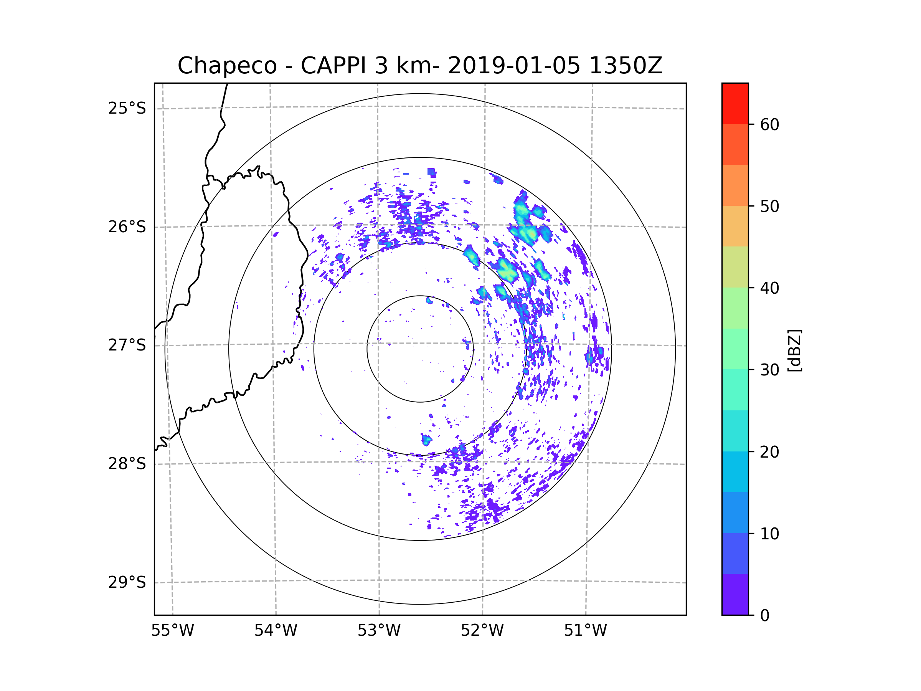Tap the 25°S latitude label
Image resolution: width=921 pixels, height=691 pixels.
tap(127, 108)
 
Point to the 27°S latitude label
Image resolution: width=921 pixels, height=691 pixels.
tap(127, 345)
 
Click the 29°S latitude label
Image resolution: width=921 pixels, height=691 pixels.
tap(127, 582)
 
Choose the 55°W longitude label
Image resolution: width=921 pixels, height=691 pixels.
tap(172, 631)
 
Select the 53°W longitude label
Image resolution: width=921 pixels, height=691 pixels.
tap(379, 631)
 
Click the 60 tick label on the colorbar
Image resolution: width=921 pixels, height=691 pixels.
tap(769, 124)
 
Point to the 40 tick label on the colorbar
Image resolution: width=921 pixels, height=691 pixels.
tap(769, 288)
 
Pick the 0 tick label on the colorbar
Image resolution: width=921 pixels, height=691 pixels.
tap(765, 616)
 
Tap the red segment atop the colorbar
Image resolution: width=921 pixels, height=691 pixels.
tap(735, 103)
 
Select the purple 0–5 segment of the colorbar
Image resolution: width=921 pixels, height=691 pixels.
tap(735, 594)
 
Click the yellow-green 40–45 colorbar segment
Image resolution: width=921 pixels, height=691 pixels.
tap(735, 267)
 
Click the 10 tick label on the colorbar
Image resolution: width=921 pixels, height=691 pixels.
tap(769, 534)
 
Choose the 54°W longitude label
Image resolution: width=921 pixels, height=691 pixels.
tap(276, 631)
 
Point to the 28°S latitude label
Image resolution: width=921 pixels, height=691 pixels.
tap(127, 464)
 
